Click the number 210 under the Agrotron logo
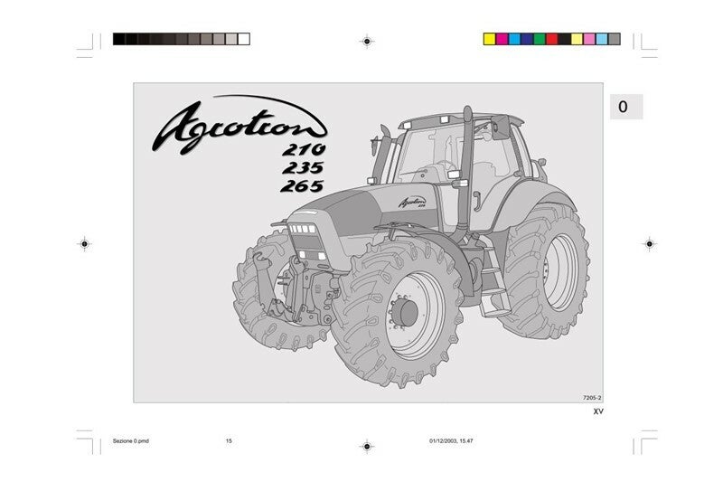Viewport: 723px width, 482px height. click(x=304, y=149)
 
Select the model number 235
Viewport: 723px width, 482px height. click(x=303, y=167)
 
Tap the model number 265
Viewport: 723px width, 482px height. click(x=302, y=186)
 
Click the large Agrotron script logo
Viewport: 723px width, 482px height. click(x=239, y=125)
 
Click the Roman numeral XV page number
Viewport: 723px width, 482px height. click(x=598, y=411)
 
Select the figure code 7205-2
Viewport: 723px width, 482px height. click(x=592, y=397)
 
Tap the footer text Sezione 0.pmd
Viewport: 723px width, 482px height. click(x=131, y=441)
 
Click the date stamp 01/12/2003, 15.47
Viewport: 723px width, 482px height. click(x=451, y=441)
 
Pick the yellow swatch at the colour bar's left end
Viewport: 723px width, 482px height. click(x=489, y=39)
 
